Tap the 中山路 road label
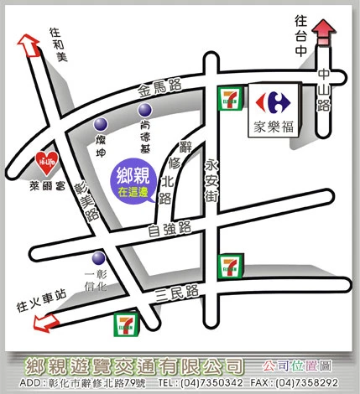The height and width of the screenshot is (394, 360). point(323,90)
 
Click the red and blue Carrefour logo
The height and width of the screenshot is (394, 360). point(273,102)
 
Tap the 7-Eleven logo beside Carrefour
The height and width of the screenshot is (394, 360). point(228,98)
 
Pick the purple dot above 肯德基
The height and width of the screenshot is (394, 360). point(145,110)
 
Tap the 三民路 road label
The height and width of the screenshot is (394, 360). point(179,293)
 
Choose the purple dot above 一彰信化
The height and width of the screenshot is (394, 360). point(99,258)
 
